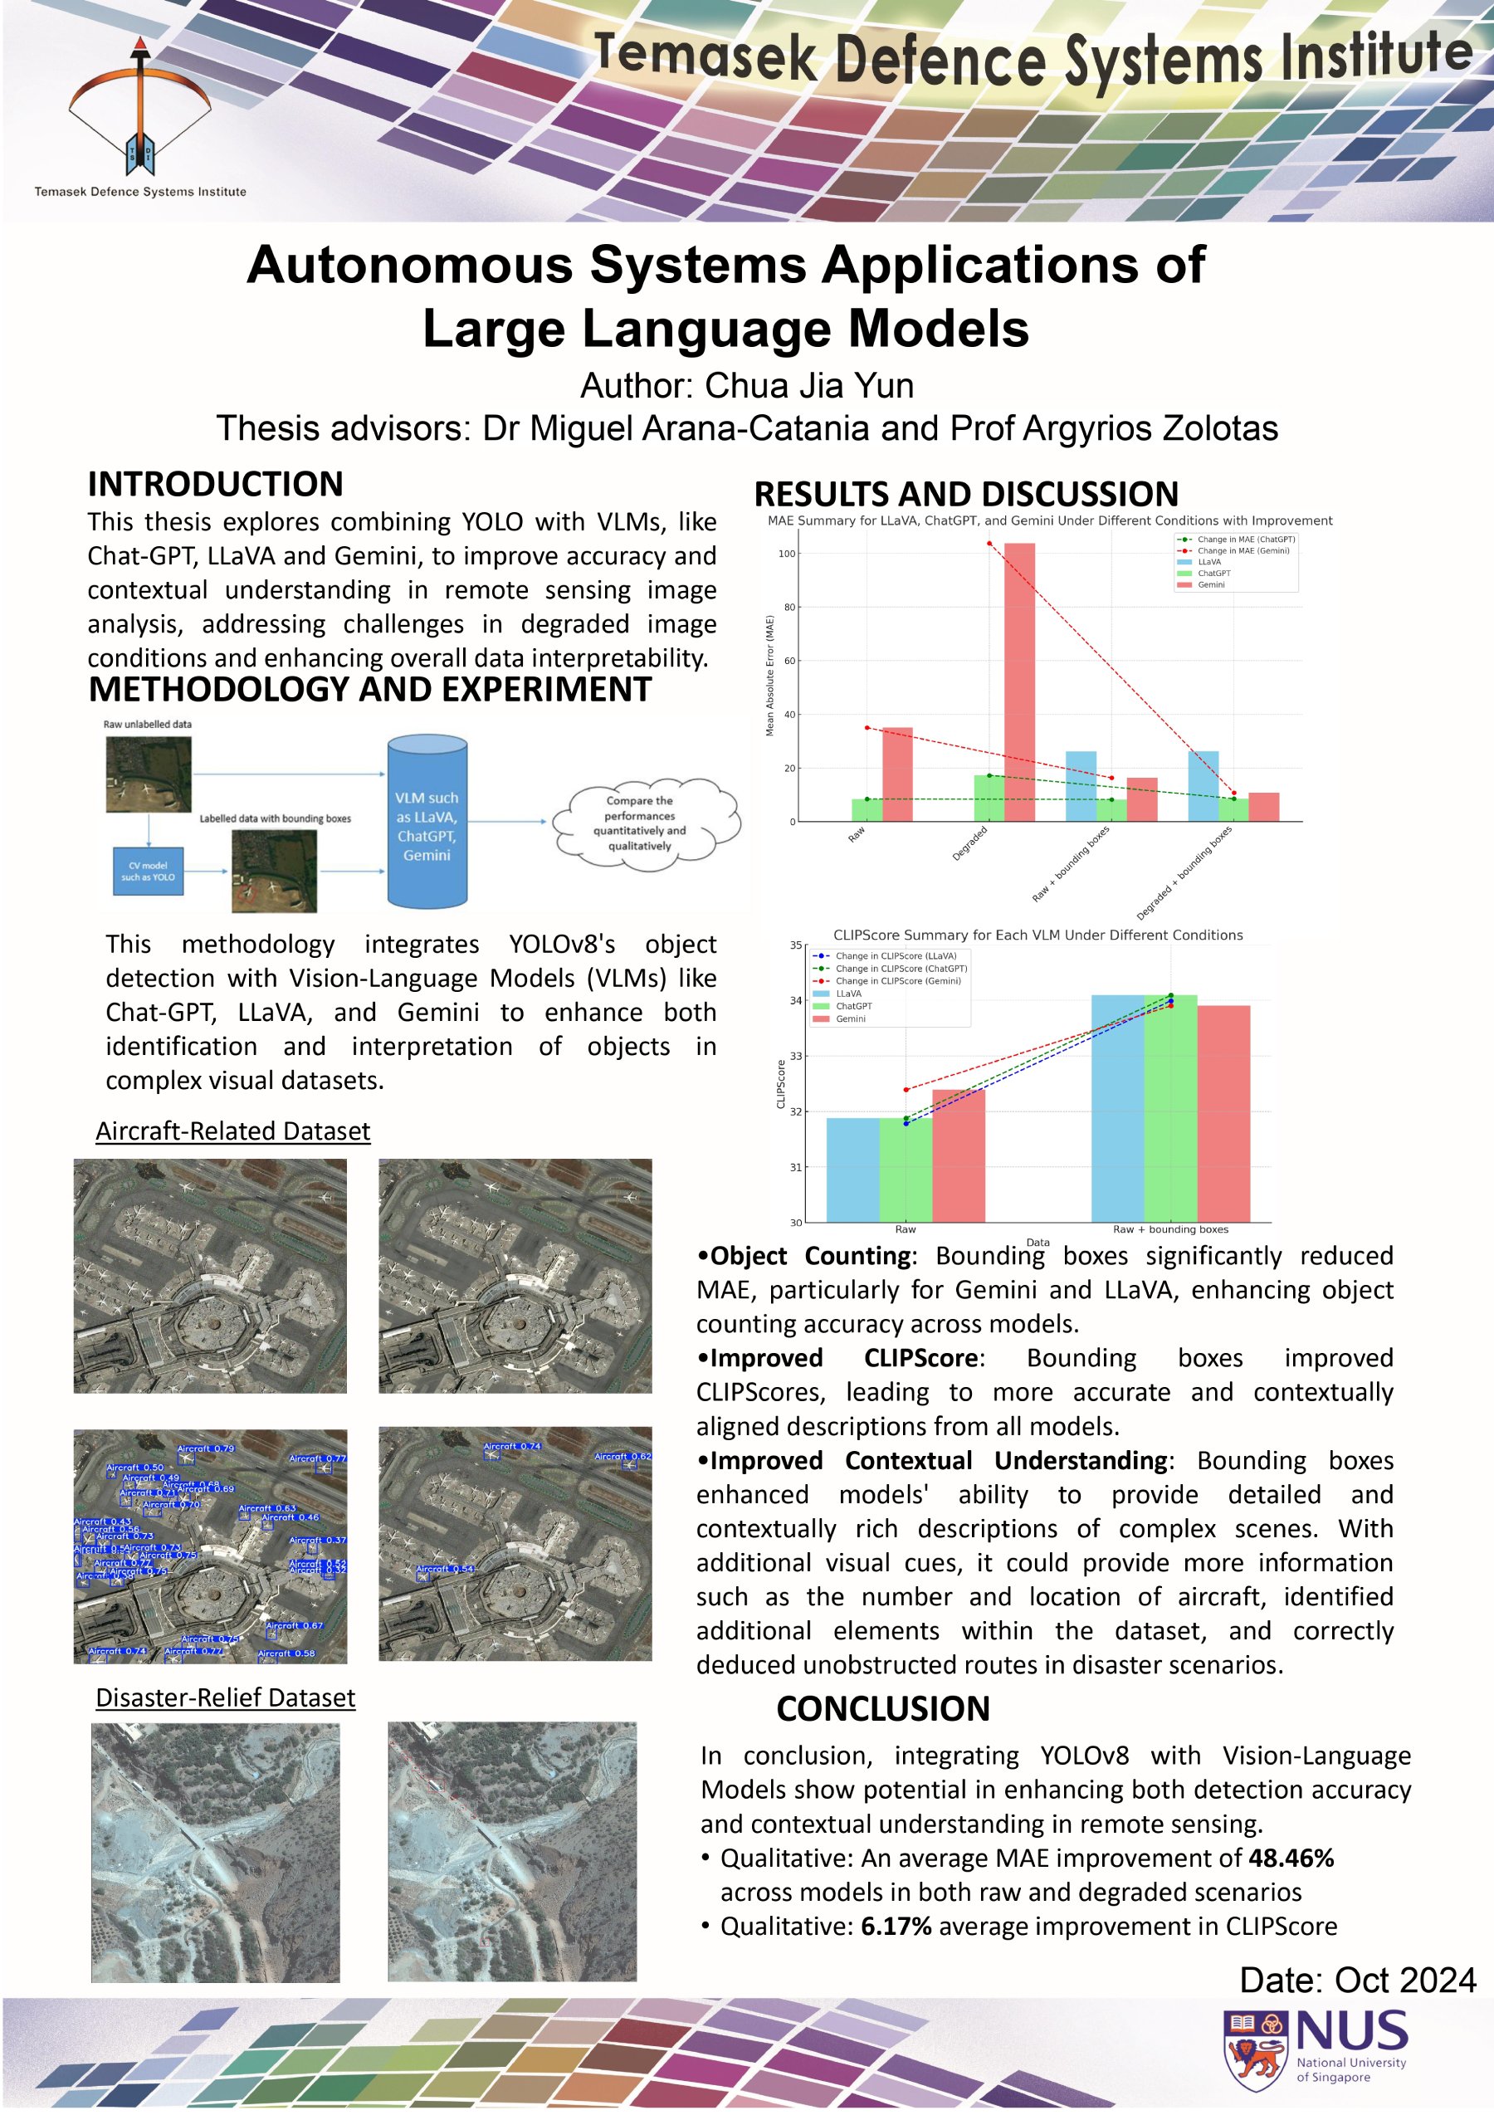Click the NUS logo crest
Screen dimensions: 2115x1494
[1256, 2050]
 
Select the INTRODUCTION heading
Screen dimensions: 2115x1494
[216, 485]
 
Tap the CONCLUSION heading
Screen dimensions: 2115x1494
[882, 1709]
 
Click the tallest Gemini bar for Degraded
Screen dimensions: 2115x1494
[1018, 681]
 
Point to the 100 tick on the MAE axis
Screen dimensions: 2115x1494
[787, 554]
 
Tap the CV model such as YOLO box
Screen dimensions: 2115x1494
[149, 872]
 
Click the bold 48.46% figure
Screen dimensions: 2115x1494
[1291, 1858]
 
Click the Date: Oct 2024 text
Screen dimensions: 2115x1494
[1357, 1980]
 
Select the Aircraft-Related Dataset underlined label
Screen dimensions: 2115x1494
[233, 1131]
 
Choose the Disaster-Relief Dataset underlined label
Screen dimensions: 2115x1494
[226, 1697]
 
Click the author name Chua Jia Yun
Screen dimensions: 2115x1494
[809, 386]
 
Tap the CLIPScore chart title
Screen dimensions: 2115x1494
[1037, 935]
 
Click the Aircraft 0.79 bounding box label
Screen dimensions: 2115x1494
[205, 1449]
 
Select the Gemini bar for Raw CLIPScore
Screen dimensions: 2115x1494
[958, 1156]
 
